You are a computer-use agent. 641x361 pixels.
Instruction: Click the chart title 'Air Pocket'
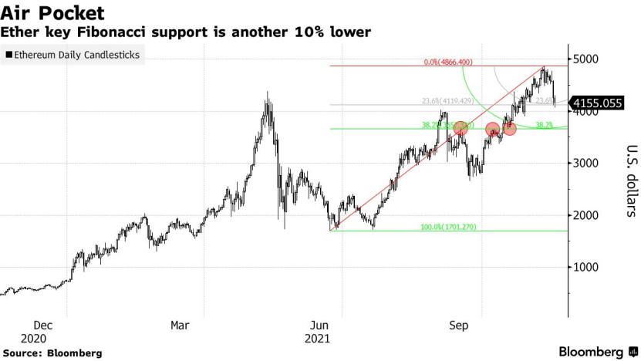point(53,13)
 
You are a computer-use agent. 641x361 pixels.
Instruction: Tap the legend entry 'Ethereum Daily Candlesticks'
point(76,56)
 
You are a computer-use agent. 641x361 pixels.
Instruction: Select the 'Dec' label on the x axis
point(44,326)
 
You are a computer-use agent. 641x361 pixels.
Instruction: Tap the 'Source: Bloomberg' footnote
point(52,353)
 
